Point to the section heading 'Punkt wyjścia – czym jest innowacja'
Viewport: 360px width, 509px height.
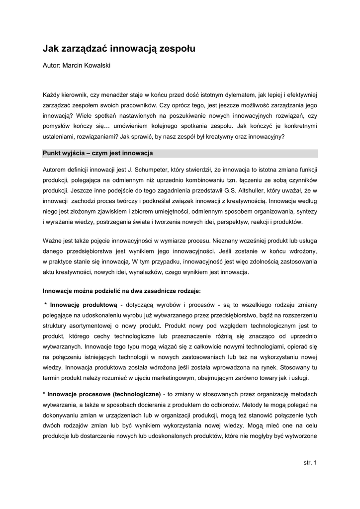pyautogui.click(x=97, y=153)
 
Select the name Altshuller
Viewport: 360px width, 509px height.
pyautogui.click(x=257, y=190)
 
